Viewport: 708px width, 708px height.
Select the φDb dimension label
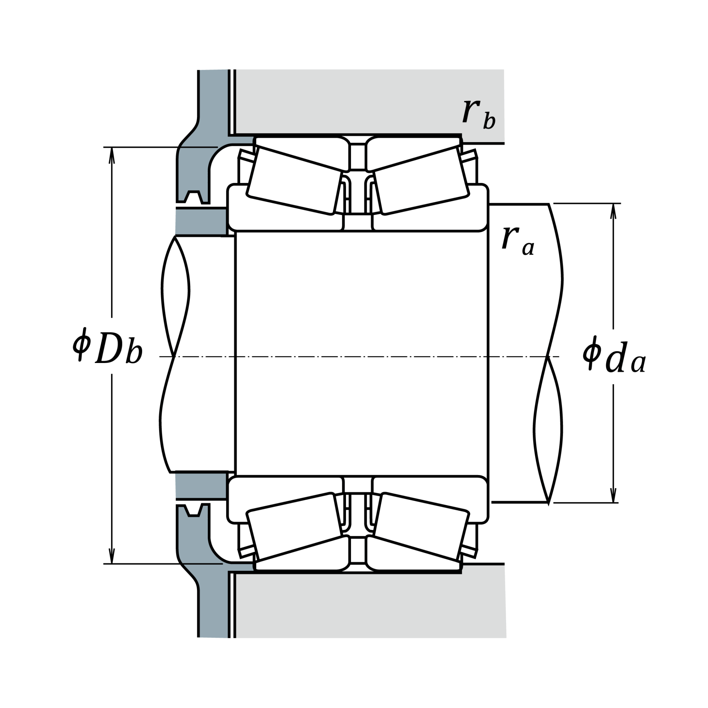[x=108, y=346]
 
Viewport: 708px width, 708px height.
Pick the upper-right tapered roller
[x=421, y=180]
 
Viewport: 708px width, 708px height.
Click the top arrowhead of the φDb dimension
[x=112, y=155]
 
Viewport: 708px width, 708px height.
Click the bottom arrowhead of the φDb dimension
[x=112, y=556]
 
